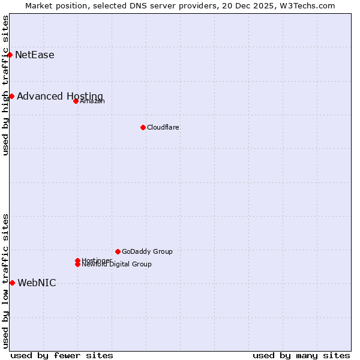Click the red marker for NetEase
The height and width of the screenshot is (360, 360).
tap(10, 55)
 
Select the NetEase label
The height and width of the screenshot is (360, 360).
tap(35, 55)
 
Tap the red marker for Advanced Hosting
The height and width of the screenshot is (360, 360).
tap(11, 96)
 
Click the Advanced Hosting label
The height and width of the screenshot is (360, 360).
tap(60, 97)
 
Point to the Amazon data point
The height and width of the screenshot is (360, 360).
tap(76, 101)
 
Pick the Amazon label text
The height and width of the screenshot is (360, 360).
tap(92, 101)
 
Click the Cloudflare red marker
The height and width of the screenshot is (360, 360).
tap(143, 127)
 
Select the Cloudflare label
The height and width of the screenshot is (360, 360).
tap(163, 128)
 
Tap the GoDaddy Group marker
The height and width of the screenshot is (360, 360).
tap(118, 251)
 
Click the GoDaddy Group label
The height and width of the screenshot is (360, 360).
tap(147, 252)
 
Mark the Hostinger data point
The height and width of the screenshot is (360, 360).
tap(78, 260)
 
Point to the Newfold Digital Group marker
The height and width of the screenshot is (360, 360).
tap(78, 265)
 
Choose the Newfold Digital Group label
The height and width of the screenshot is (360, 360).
tap(117, 265)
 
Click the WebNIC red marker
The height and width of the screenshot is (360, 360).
tap(12, 283)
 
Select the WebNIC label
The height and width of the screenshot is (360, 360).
tap(37, 283)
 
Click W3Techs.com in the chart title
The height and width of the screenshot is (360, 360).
tap(306, 6)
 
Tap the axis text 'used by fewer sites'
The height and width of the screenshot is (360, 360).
tap(62, 356)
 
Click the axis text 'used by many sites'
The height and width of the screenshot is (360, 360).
tap(301, 356)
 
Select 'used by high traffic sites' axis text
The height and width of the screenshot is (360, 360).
tap(6, 85)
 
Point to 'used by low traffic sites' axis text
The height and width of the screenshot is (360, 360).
tap(6, 281)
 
